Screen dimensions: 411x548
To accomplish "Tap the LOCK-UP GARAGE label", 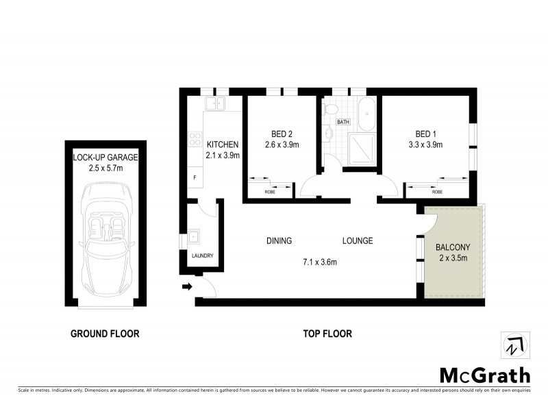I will coord(105,158).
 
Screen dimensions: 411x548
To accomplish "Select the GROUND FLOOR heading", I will coord(105,334).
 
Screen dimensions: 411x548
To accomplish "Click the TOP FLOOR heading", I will coord(327,334).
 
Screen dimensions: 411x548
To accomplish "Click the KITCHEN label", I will coord(223,145).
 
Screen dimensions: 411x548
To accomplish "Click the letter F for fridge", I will coord(195,178).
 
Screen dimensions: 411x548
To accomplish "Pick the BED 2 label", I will coord(282,134).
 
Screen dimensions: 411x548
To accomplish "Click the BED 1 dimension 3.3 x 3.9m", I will coord(425,145).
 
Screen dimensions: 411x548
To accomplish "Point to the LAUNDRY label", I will coord(202,256).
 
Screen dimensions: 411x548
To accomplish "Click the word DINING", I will coord(279,241).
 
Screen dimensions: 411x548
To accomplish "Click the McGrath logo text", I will coord(484,375).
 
